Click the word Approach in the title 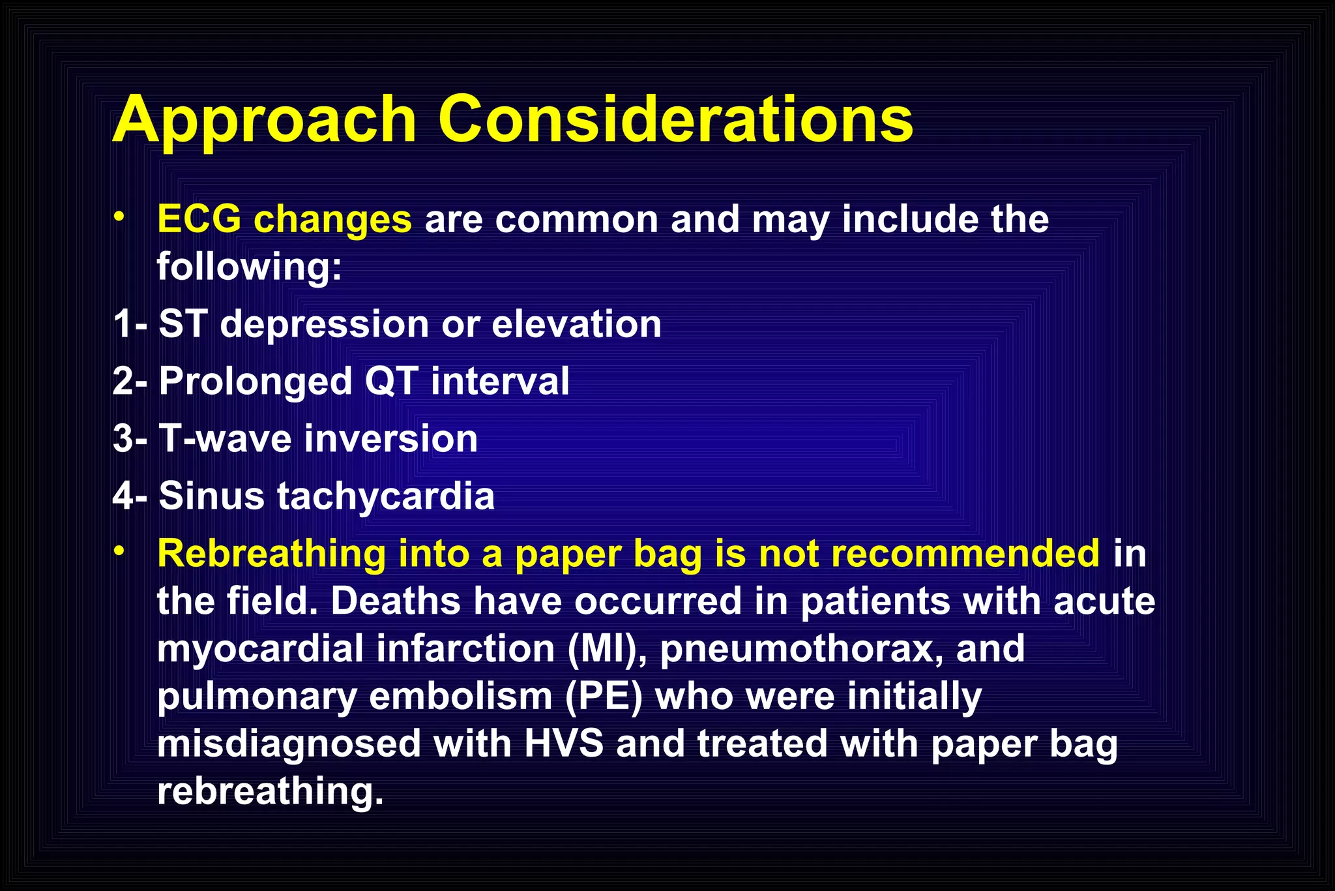(x=264, y=121)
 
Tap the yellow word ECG (x=199, y=219)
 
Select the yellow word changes (x=332, y=220)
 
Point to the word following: (x=249, y=267)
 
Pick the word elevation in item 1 (x=576, y=324)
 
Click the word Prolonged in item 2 (x=256, y=382)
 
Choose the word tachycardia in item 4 (x=386, y=496)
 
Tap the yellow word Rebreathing (x=272, y=554)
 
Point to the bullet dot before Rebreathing (x=118, y=552)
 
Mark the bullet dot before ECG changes (x=118, y=217)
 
